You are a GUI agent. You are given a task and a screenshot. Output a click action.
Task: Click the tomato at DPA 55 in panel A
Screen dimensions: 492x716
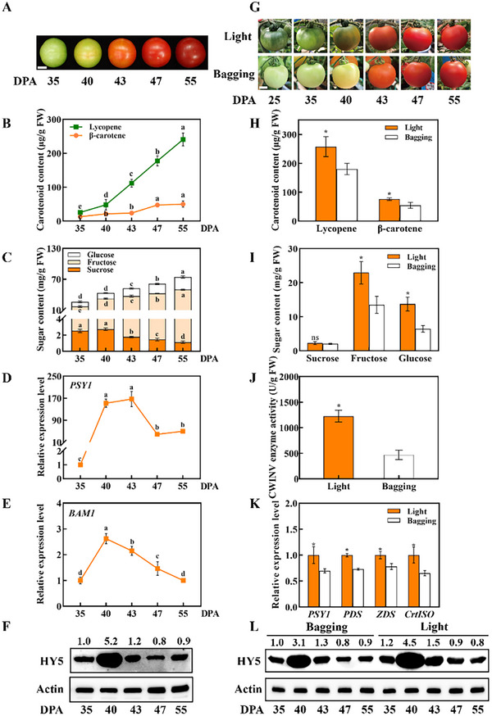(190, 52)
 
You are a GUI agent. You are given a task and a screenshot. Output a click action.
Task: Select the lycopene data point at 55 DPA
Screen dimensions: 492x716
(183, 139)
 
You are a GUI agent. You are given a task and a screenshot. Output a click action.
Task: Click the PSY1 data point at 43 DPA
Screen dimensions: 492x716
(132, 399)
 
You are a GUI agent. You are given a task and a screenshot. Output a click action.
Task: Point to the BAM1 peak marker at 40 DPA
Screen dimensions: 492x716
(106, 539)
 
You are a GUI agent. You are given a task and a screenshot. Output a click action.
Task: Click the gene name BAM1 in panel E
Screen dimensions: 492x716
(81, 514)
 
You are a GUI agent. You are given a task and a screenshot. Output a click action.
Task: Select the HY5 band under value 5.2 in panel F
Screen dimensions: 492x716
(107, 659)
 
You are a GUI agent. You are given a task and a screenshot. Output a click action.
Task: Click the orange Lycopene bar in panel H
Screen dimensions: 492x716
(326, 184)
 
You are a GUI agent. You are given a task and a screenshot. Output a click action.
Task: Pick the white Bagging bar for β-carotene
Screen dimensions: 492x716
(410, 213)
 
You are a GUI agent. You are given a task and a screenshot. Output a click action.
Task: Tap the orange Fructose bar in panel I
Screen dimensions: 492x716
(362, 311)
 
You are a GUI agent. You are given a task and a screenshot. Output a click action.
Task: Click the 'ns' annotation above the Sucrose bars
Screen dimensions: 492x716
(315, 338)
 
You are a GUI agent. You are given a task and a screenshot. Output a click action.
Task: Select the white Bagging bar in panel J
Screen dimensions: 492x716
(399, 467)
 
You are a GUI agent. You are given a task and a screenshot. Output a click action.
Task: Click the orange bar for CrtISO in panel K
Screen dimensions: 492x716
(414, 581)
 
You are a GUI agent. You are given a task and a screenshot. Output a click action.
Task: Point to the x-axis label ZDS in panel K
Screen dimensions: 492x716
(385, 614)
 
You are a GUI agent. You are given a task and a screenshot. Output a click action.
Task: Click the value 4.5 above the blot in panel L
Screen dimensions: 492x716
(409, 642)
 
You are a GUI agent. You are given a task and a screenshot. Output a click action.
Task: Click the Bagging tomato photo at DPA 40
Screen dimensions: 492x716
(346, 73)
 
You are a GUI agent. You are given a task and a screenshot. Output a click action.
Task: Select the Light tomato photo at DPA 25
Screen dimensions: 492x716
(275, 35)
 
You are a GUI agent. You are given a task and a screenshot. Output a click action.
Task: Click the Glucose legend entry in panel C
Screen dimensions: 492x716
(92, 255)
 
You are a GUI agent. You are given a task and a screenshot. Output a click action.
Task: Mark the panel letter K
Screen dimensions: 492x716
(255, 503)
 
